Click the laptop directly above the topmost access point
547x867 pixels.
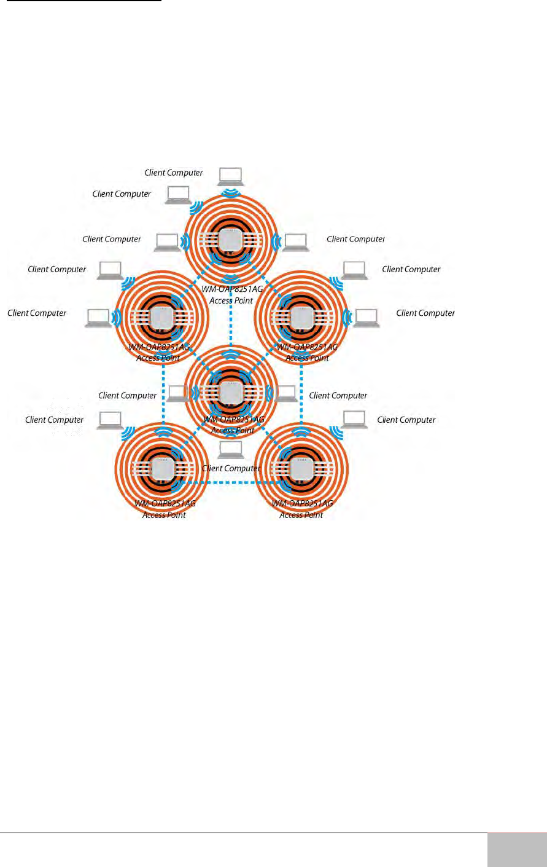click(231, 176)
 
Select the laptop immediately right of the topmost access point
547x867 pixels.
click(295, 243)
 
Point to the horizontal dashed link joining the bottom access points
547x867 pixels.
click(231, 484)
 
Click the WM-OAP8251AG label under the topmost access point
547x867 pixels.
click(232, 289)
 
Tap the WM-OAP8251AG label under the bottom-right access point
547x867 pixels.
click(302, 503)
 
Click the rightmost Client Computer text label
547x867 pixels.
click(425, 313)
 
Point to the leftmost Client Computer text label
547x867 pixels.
click(37, 313)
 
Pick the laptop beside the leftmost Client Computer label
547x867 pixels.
click(98, 317)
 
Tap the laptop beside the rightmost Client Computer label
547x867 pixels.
click(367, 317)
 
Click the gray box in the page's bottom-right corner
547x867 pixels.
click(517, 850)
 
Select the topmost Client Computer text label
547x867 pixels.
click(174, 173)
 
